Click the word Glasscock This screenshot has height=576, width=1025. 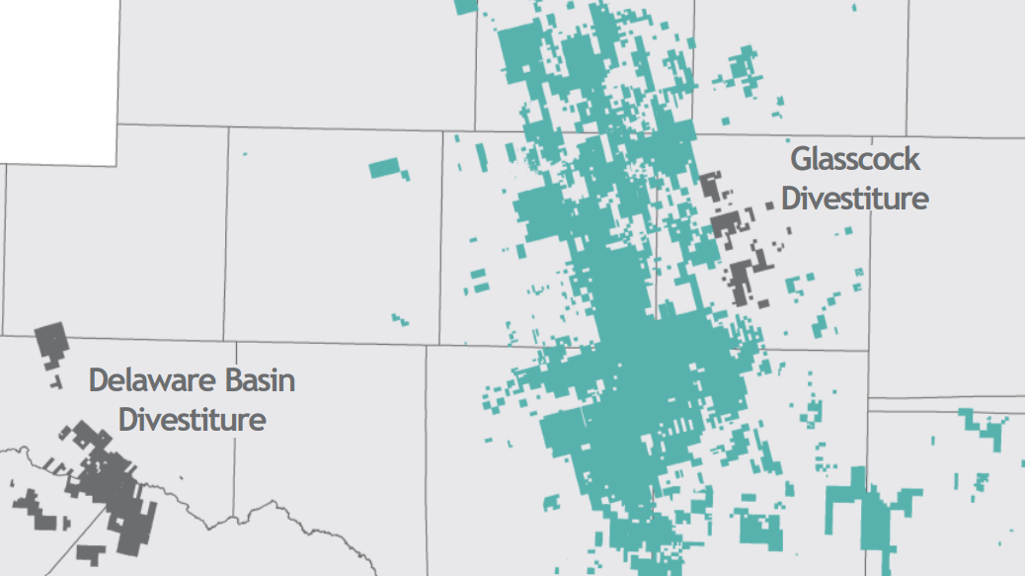[x=854, y=159]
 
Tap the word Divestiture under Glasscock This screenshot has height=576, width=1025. [x=854, y=198]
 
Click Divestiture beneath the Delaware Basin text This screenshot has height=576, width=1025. [x=193, y=419]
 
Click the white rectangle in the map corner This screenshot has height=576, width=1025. [x=59, y=79]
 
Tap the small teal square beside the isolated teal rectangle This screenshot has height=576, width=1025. [x=405, y=175]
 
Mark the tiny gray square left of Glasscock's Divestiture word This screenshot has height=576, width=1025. [x=770, y=206]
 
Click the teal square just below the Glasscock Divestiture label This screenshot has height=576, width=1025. [x=847, y=230]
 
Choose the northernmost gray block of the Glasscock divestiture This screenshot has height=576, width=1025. [x=710, y=186]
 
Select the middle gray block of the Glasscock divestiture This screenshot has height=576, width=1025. [x=729, y=224]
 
